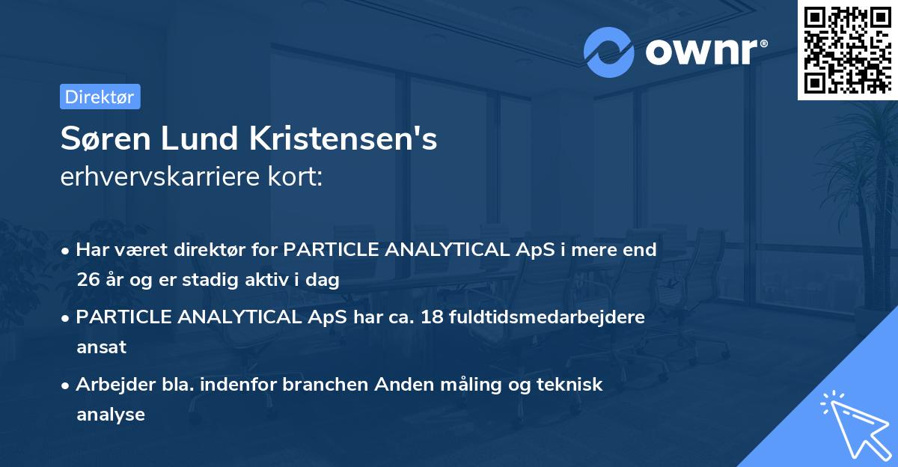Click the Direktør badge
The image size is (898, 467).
[100, 97]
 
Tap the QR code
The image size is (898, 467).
[846, 49]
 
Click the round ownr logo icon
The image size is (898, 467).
[608, 52]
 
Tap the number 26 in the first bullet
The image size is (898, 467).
[87, 281]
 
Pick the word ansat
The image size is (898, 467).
[101, 347]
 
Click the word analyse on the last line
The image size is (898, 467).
[110, 414]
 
